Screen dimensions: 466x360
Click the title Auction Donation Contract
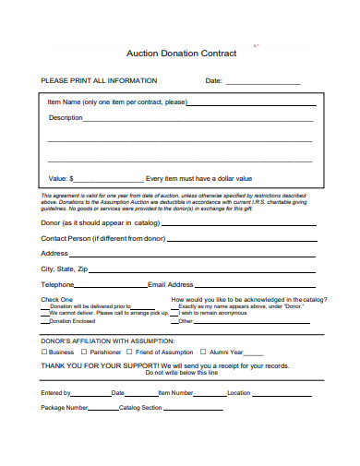click(x=181, y=54)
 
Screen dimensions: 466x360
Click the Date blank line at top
click(x=263, y=82)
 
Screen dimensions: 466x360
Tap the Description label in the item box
click(x=66, y=118)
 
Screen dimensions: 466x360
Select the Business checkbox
click(x=44, y=352)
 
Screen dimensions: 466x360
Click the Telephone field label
click(x=57, y=284)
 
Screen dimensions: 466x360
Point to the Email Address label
click(x=171, y=284)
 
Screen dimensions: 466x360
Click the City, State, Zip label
click(x=65, y=268)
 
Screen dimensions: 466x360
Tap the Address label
click(x=54, y=252)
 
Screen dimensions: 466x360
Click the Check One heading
click(x=57, y=300)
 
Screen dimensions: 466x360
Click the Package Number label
click(x=65, y=407)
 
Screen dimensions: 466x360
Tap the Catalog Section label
click(x=140, y=407)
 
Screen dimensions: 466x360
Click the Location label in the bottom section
click(x=239, y=392)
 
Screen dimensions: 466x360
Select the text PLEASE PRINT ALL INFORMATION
click(x=95, y=80)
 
